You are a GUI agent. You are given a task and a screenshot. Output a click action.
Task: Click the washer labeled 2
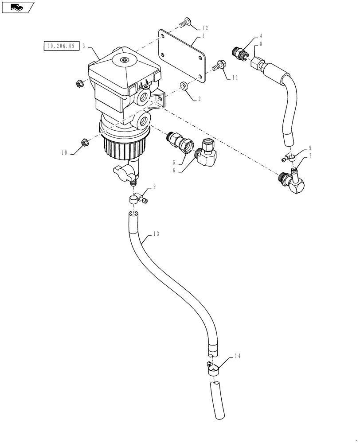184,85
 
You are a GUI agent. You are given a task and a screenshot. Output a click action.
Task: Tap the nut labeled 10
82,142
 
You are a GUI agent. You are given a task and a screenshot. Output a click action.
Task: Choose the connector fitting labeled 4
240,52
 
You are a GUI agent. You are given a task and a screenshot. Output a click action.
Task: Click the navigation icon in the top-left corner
17,8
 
